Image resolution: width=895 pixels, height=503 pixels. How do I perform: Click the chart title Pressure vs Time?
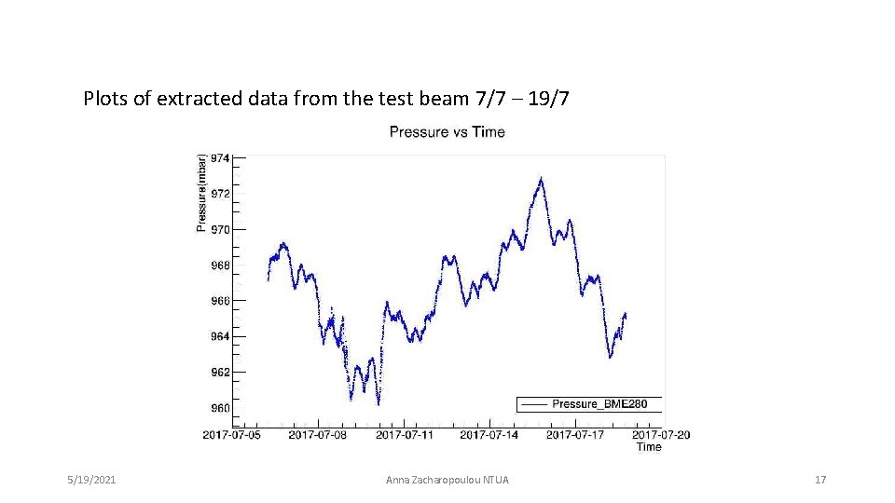point(447,132)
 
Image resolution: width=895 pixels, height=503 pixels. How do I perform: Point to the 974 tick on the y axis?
point(219,158)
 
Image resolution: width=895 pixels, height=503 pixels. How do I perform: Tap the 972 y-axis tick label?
point(219,194)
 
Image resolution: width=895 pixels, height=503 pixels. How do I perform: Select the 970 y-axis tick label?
point(219,229)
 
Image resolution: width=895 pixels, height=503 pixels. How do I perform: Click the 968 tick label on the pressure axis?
point(219,265)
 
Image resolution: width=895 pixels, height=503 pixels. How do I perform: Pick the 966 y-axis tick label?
point(219,301)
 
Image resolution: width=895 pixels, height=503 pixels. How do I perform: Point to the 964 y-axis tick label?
point(219,336)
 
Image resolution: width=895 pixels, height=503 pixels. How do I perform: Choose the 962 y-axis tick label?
point(219,372)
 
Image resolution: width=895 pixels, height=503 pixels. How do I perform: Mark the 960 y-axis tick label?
point(219,407)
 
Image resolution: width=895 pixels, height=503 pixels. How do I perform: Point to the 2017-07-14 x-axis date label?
point(489,434)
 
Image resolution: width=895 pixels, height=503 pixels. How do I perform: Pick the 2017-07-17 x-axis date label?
point(575,434)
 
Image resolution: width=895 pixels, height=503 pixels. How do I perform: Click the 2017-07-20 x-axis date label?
point(661,434)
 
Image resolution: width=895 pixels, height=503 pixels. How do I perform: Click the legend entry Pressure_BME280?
point(605,404)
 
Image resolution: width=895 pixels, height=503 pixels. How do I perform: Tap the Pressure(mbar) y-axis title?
point(201,193)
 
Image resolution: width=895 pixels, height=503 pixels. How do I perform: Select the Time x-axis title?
point(649,447)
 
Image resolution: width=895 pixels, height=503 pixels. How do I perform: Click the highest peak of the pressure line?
point(541,178)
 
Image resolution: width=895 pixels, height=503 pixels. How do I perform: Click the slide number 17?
point(820,480)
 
